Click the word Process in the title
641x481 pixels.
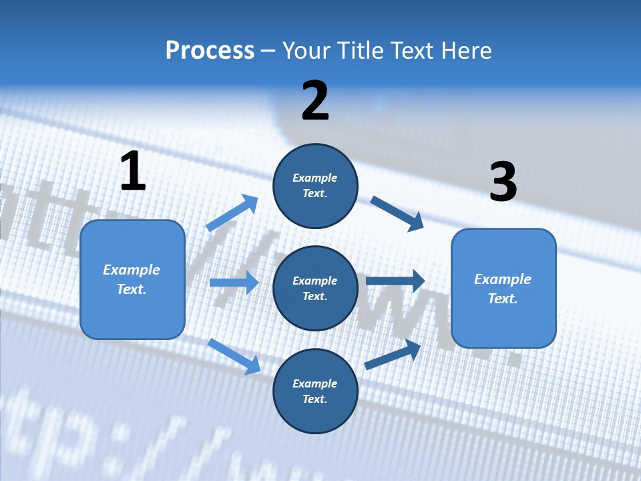210,51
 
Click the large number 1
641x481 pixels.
133,171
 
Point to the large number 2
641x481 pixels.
315,101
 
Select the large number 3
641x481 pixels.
503,182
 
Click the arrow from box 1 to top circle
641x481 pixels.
232,213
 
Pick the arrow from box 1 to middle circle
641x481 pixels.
234,283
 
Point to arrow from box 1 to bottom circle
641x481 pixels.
234,355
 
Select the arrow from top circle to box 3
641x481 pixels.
397,213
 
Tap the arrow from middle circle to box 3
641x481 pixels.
395,281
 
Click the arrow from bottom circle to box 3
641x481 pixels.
393,355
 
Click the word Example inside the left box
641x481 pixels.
132,270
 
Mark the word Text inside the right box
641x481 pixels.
503,299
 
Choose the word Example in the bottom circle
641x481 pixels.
315,383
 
